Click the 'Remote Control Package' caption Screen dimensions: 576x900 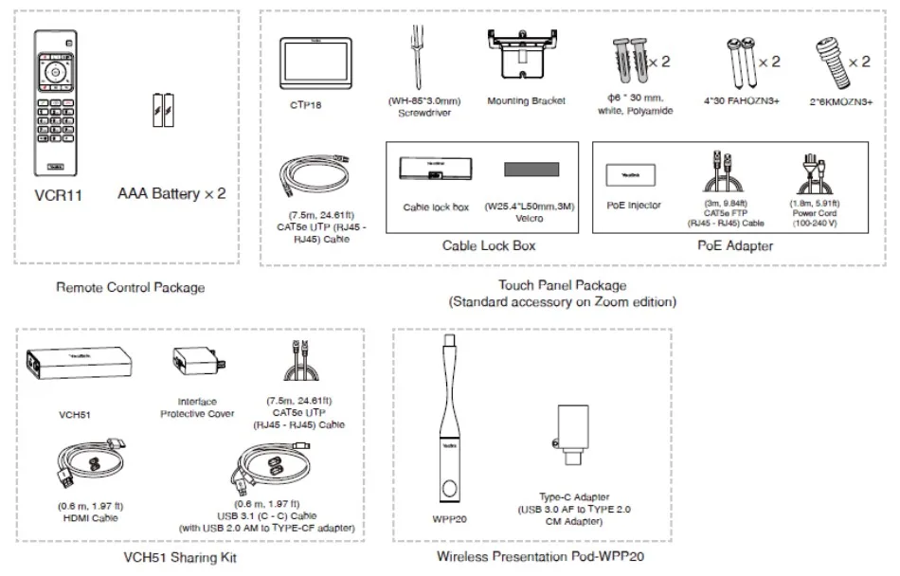[x=130, y=287]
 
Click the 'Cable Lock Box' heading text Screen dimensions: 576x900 [x=489, y=245]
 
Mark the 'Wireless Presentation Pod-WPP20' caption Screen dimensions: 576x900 [x=532, y=557]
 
